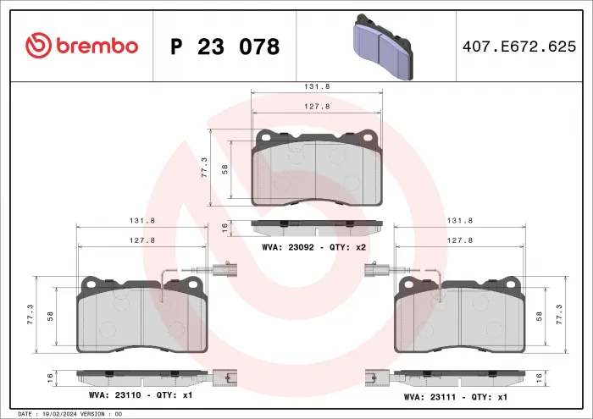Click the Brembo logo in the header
pos(81,47)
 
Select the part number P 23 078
pos(224,47)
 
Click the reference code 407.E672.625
pos(516,47)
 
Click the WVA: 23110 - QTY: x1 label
pos(141,395)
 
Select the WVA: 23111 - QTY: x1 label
pos(456,395)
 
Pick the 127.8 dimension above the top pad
pos(316,107)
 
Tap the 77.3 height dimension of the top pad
pos(203,168)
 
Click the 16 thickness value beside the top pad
pos(224,227)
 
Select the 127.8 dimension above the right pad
pos(459,240)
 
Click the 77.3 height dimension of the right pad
pos(557,315)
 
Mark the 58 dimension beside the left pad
pos(50,315)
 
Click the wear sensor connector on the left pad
pos(221,271)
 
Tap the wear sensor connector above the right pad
pos(374,271)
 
